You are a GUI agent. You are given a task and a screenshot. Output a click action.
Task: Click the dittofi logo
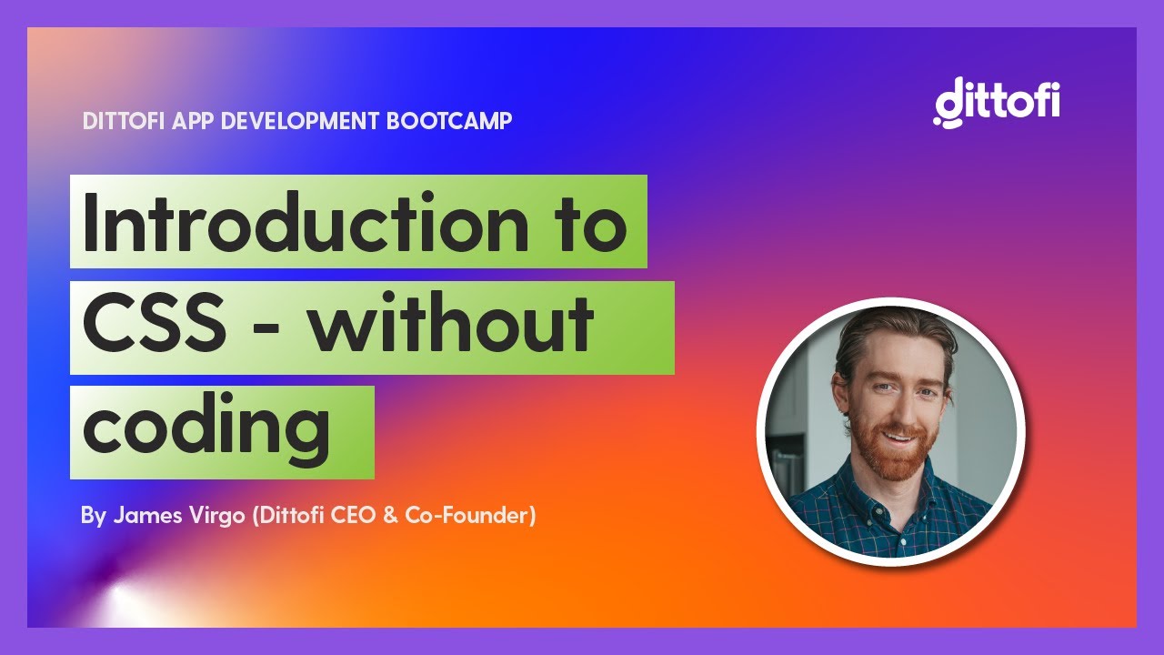point(996,102)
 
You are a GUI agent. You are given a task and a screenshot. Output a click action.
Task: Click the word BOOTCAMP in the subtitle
point(449,121)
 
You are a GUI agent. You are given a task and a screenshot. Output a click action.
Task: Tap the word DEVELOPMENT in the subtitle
point(300,121)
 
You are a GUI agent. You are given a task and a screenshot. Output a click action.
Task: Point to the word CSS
point(155,322)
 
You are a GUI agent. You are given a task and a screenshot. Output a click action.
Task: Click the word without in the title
point(451,322)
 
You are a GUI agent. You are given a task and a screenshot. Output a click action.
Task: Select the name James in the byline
point(148,515)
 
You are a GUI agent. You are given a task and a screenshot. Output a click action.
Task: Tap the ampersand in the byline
point(390,515)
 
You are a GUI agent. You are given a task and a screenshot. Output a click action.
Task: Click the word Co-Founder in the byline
point(467,515)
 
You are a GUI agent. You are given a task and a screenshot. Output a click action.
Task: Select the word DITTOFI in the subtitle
point(124,121)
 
